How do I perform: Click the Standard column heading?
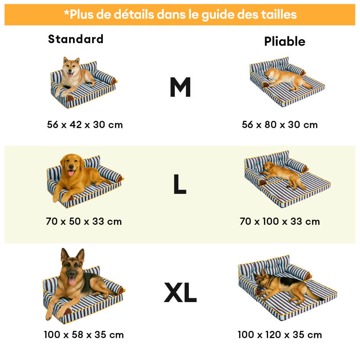pos(76,39)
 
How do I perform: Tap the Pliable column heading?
pos(285,41)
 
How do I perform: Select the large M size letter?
pos(180,87)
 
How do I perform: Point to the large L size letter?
pos(180,184)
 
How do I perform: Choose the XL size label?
pos(180,292)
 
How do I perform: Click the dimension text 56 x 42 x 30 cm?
pos(85,125)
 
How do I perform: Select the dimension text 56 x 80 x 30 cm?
pos(280,125)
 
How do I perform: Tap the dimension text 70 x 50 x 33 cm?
pos(84,222)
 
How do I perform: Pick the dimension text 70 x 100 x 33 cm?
pos(280,222)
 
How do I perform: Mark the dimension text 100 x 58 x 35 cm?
pos(84,335)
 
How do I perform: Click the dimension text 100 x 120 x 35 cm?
pos(280,335)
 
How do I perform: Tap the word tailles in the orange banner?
pos(279,14)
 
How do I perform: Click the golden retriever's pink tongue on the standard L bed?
pos(71,173)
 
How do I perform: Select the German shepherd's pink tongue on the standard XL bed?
pos(72,281)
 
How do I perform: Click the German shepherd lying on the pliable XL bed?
pos(287,286)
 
